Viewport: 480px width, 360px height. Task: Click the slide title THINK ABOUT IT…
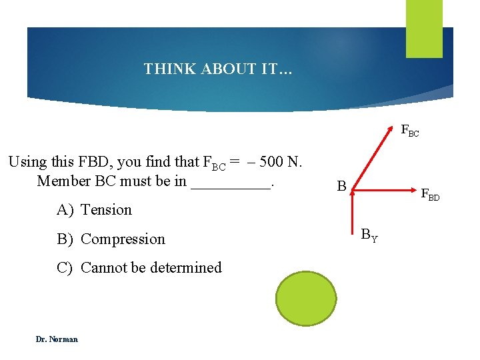click(x=217, y=69)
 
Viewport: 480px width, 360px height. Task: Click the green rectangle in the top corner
click(x=424, y=28)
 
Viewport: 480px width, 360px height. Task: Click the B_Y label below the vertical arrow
click(x=369, y=235)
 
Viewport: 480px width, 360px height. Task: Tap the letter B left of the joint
click(x=341, y=187)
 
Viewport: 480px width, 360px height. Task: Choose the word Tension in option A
click(x=106, y=209)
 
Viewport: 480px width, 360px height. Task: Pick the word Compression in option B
click(x=123, y=239)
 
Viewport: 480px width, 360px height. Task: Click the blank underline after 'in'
click(x=231, y=181)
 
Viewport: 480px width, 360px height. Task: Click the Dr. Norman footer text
click(x=57, y=339)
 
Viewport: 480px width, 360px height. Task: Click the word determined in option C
click(x=185, y=267)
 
